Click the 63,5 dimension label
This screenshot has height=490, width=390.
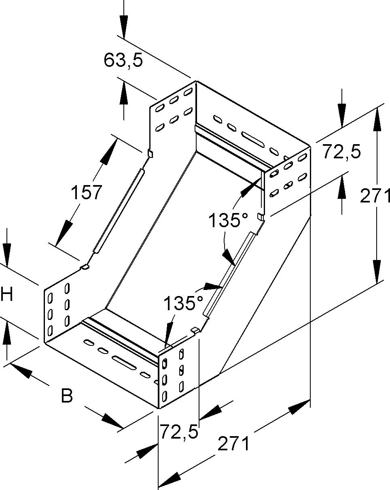point(123,60)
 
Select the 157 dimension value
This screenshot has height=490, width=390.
point(86,192)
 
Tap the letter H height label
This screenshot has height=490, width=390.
point(6,294)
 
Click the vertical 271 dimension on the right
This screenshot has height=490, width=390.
point(375,196)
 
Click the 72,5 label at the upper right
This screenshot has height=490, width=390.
point(341,152)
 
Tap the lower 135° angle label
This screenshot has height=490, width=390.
point(183,303)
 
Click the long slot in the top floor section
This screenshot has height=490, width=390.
point(253,139)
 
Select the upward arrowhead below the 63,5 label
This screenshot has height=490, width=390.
point(124,94)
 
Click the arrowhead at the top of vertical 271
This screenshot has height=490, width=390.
point(377,119)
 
